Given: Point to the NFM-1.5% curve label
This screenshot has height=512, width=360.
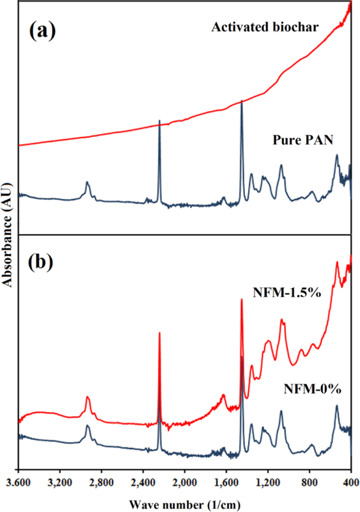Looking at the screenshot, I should pos(288,292).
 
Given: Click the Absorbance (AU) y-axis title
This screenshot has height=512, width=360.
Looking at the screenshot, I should pos(8,233).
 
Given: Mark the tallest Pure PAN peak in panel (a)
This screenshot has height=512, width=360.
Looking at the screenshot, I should pos(242,101).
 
